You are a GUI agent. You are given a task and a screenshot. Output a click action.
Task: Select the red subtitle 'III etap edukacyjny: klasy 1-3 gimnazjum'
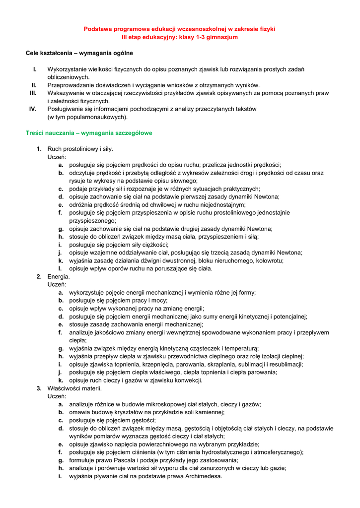pyautogui.click(x=179, y=37)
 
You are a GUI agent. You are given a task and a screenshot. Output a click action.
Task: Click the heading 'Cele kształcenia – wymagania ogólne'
pyautogui.click(x=79, y=53)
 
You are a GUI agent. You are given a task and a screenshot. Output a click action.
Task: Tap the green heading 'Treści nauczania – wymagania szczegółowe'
pyautogui.click(x=89, y=133)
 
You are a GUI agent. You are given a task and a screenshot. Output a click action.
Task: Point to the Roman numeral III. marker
pyautogui.click(x=33, y=93)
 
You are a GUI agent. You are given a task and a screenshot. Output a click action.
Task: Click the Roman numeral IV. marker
pyautogui.click(x=33, y=109)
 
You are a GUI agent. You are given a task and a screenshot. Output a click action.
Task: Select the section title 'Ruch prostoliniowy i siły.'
pyautogui.click(x=80, y=149)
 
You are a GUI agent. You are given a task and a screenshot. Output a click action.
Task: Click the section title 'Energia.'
pyautogui.click(x=59, y=277)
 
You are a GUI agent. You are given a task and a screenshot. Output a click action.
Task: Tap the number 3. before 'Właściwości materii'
pyautogui.click(x=39, y=388)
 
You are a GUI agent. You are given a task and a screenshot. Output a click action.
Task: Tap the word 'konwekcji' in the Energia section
pyautogui.click(x=187, y=381)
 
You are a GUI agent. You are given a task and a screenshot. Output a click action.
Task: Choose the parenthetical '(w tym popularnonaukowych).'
pyautogui.click(x=87, y=117)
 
